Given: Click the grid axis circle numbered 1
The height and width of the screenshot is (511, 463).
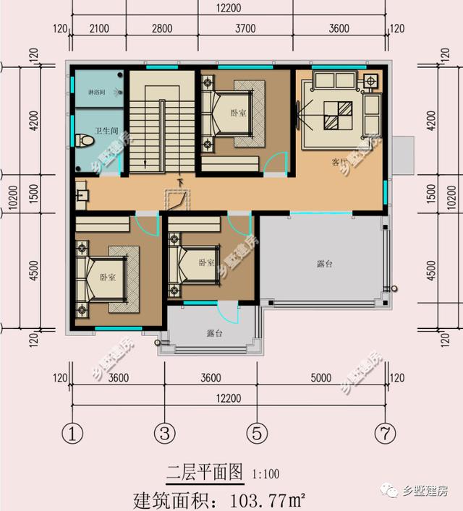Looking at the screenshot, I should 72,434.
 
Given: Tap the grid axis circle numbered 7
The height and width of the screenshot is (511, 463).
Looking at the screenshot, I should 385,434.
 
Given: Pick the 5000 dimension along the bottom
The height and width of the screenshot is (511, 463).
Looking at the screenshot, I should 320,378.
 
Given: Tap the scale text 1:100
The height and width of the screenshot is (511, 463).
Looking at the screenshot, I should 266,475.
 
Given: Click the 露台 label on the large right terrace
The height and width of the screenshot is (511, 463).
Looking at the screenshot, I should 324,265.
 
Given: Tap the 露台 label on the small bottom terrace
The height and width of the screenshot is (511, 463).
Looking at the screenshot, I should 214,333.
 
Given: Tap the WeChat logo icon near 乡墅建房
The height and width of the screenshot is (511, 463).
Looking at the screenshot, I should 391,491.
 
